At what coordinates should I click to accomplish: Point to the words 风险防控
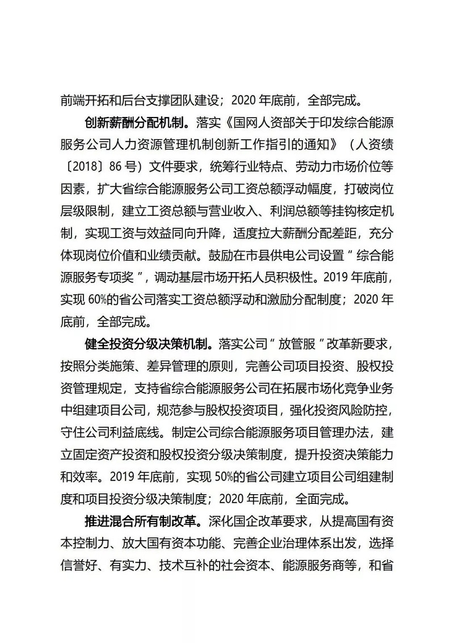[364, 411]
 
